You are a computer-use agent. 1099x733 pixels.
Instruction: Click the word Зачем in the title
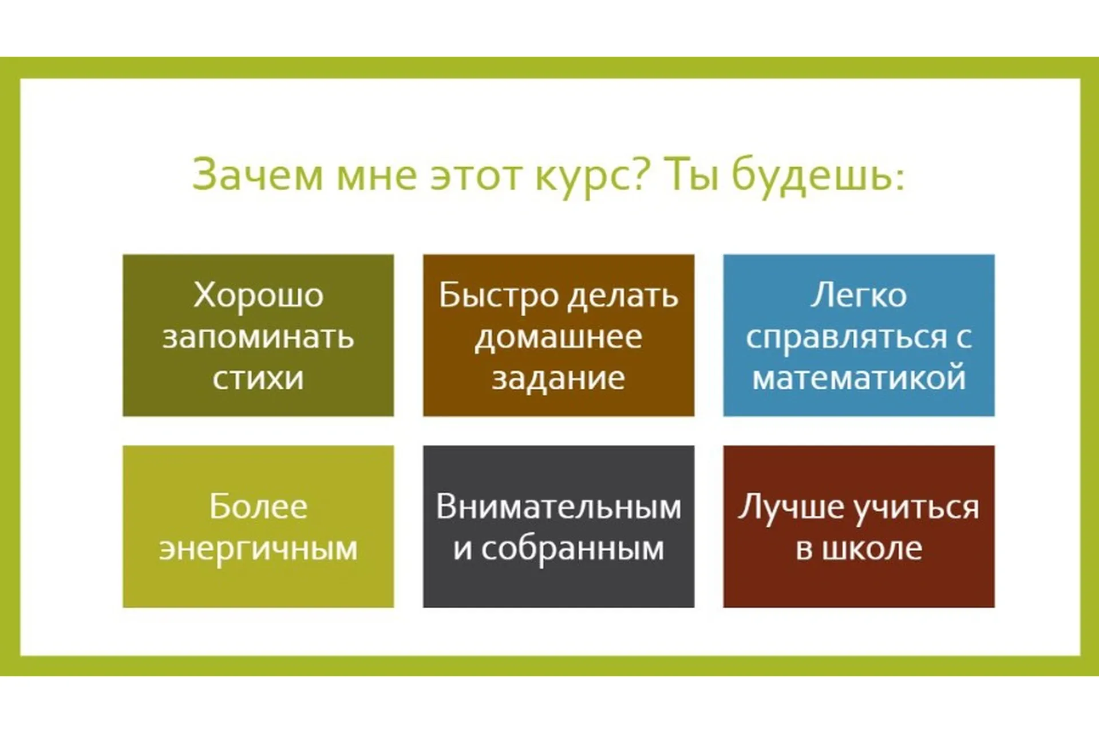[x=257, y=174]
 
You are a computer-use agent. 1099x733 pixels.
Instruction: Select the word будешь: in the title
[x=818, y=175]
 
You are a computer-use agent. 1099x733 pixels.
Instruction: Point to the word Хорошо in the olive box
[x=258, y=295]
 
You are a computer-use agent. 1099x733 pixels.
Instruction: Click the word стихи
[x=258, y=378]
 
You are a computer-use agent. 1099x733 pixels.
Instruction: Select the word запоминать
[x=258, y=337]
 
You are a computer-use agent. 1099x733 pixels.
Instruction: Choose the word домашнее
[x=559, y=337]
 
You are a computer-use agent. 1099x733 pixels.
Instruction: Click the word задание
[x=559, y=378]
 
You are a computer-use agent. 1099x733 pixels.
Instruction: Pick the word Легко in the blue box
[x=859, y=295]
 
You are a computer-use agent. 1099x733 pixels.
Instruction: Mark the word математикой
[x=859, y=378]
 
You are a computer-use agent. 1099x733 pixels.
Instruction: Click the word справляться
[x=847, y=338]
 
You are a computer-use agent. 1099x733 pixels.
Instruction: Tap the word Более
[x=258, y=507]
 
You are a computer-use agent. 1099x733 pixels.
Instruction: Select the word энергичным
[x=258, y=549]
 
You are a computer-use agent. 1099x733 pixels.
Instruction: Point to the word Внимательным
[x=559, y=507]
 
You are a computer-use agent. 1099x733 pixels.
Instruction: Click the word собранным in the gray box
[x=572, y=549]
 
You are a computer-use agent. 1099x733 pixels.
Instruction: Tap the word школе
[x=872, y=549]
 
